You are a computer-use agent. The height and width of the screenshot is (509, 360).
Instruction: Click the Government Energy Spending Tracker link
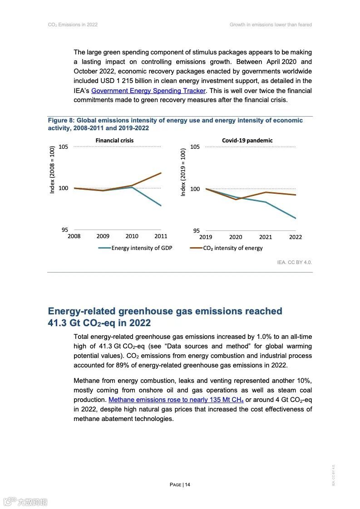pos(148,91)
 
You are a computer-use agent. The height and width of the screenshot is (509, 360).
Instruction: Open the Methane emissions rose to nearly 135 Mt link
pos(176,400)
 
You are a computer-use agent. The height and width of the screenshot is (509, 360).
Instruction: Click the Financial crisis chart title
pos(114,141)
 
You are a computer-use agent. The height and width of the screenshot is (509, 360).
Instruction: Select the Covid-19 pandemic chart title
pos(247,141)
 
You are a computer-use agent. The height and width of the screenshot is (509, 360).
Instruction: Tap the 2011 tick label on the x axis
pos(161,236)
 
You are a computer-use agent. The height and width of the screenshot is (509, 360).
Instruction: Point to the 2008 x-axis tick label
pos(74,236)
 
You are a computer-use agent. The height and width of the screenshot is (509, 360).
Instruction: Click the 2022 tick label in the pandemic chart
pos(295,237)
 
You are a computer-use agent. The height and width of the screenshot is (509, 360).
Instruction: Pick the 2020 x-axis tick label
pos(236,237)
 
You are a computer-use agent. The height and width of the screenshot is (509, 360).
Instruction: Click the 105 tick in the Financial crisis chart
pos(63,147)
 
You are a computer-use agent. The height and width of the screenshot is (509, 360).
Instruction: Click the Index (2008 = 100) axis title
pos(52,170)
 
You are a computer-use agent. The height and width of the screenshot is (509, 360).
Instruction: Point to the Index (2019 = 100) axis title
pos(183,172)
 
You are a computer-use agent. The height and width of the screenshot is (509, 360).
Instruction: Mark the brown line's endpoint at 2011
pos(161,173)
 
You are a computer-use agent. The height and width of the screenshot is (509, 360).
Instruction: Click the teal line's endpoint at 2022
pos(296,218)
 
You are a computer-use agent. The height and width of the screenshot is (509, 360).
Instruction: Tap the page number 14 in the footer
pos(187,485)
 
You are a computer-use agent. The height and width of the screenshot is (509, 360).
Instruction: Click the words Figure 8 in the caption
pos(60,121)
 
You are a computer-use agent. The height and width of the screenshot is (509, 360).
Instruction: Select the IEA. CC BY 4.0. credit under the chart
pos(295,262)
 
